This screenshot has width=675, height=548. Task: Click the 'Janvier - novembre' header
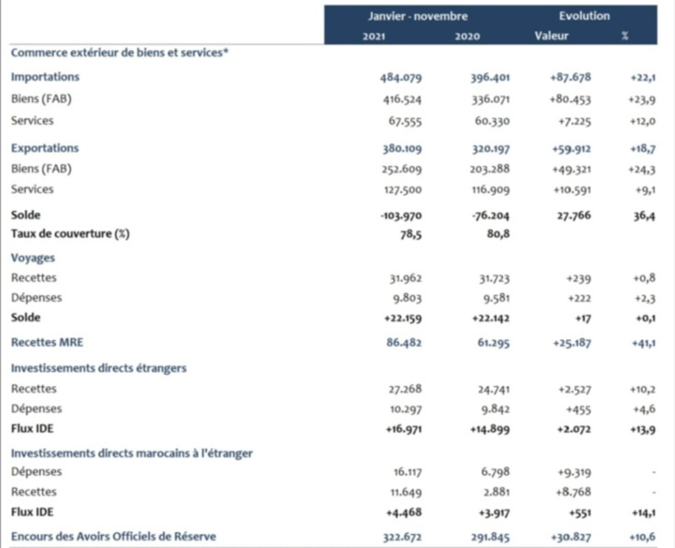coord(418,17)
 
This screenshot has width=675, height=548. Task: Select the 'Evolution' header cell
coord(584,17)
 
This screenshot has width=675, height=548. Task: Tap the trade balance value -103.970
coord(399,215)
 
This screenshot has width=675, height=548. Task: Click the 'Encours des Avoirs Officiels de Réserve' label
coord(113,536)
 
